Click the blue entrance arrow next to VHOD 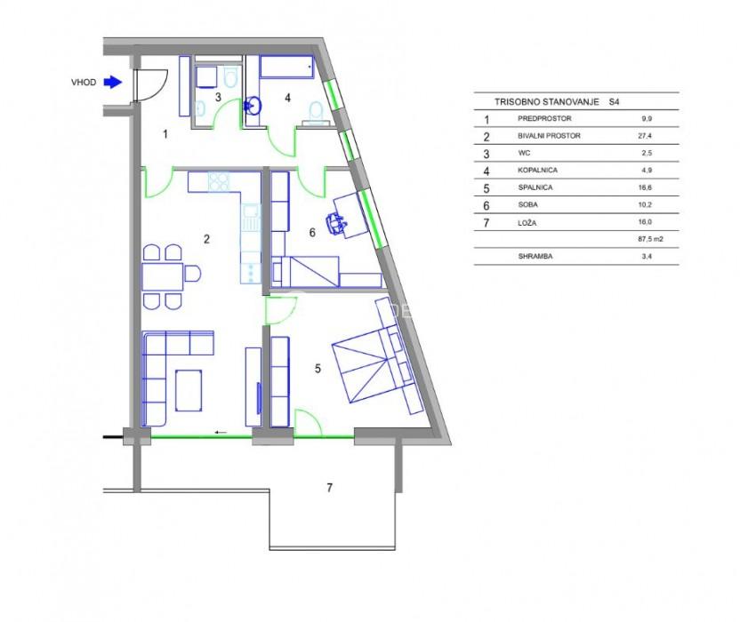pyautogui.click(x=113, y=82)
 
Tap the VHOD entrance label pyautogui.click(x=84, y=82)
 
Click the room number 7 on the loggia pyautogui.click(x=329, y=488)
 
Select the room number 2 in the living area pyautogui.click(x=206, y=239)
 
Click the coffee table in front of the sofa pyautogui.click(x=189, y=390)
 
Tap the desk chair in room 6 pyautogui.click(x=336, y=222)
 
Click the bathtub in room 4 pyautogui.click(x=286, y=68)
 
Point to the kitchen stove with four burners pyautogui.click(x=219, y=181)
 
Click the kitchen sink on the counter pyautogui.click(x=251, y=218)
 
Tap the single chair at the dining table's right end pyautogui.click(x=192, y=274)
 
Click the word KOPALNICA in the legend pyautogui.click(x=537, y=171)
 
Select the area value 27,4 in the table pyautogui.click(x=647, y=136)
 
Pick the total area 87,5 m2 pyautogui.click(x=650, y=239)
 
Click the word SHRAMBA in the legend pyautogui.click(x=535, y=257)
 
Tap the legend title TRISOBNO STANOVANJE pyautogui.click(x=546, y=102)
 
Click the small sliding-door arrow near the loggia pyautogui.click(x=221, y=432)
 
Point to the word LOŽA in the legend pyautogui.click(x=527, y=222)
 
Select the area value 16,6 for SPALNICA pyautogui.click(x=647, y=187)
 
